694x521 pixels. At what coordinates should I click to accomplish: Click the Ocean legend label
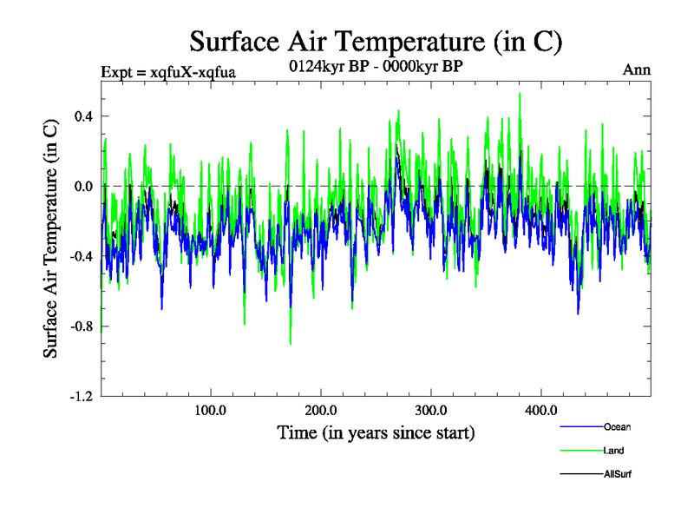[x=617, y=427]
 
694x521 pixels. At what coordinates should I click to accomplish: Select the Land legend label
[x=614, y=451]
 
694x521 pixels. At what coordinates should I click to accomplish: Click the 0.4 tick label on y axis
[x=83, y=116]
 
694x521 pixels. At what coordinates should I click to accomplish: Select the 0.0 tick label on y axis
[x=83, y=186]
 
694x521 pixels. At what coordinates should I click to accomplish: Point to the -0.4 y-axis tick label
[x=82, y=256]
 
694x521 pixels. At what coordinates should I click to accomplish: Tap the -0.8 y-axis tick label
[x=82, y=326]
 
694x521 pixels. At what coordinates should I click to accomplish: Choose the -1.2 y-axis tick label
[x=82, y=396]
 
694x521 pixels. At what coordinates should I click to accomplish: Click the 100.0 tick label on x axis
[x=211, y=410]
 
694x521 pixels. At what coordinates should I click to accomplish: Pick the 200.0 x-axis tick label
[x=321, y=410]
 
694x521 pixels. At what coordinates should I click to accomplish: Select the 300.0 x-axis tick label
[x=431, y=410]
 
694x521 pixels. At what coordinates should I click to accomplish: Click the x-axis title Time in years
[x=376, y=432]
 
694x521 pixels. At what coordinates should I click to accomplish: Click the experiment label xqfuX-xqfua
[x=168, y=71]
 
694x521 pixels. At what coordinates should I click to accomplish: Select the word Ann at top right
[x=637, y=69]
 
